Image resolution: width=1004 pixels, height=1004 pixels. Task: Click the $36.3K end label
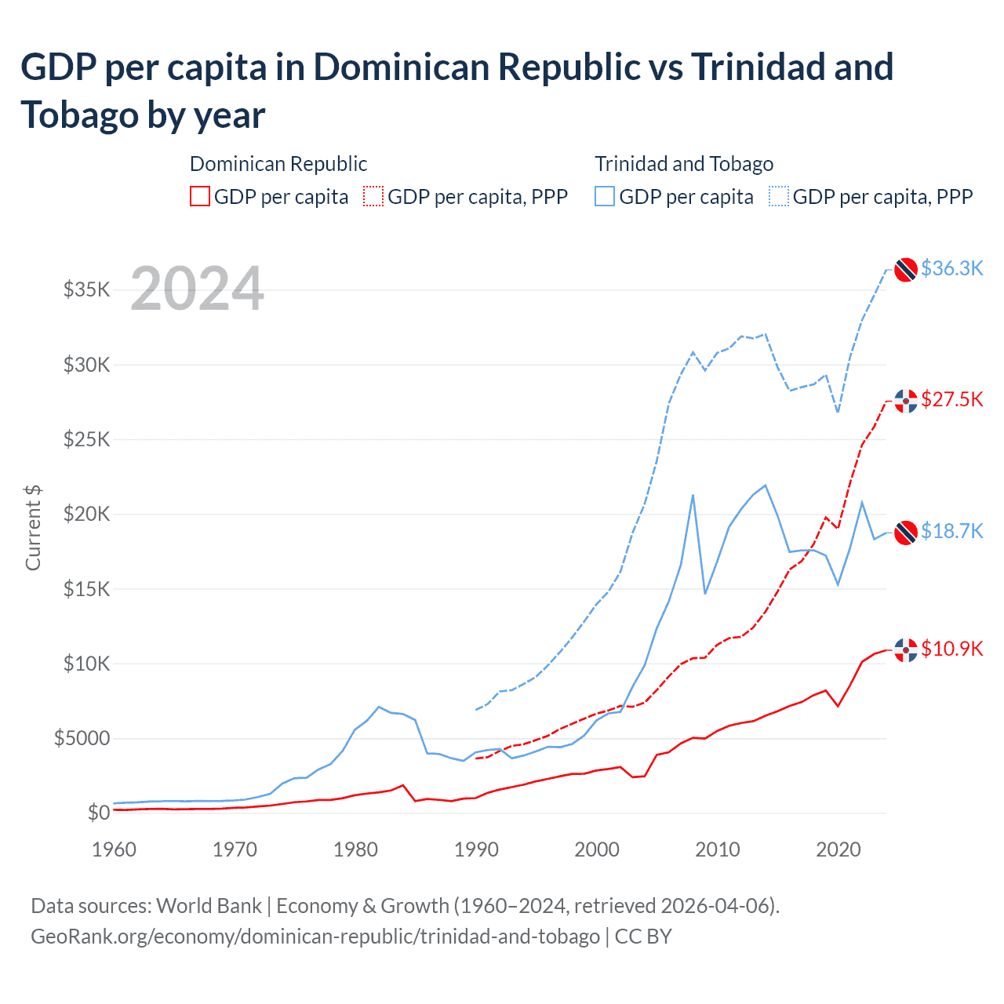951,268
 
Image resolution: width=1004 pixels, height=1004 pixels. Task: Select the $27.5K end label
951,399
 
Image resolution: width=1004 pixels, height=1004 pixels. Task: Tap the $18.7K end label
951,531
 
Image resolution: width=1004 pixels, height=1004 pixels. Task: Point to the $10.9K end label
951,649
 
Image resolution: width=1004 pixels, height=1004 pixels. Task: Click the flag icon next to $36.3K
906,269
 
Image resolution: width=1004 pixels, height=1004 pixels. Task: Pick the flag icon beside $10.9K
906,649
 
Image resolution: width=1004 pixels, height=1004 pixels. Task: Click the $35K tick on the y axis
86,290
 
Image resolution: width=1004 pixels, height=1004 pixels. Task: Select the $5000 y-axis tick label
82,738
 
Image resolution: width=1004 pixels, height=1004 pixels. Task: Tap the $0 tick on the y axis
98,813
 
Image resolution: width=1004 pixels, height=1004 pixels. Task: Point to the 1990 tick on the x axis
476,849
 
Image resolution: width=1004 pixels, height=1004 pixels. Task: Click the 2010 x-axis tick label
718,849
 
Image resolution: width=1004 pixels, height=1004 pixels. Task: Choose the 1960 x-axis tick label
115,849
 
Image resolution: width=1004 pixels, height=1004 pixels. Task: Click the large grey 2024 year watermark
197,289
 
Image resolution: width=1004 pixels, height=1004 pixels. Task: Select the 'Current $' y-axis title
33,527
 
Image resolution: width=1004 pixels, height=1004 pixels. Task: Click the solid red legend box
200,196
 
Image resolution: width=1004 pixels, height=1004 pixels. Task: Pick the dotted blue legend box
779,196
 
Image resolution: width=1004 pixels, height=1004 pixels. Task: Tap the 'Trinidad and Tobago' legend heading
684,164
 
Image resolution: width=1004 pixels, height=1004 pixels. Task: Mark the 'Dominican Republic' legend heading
278,164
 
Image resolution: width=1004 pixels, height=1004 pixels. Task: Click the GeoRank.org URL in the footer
315,937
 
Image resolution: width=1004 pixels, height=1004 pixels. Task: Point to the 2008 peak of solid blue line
693,495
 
